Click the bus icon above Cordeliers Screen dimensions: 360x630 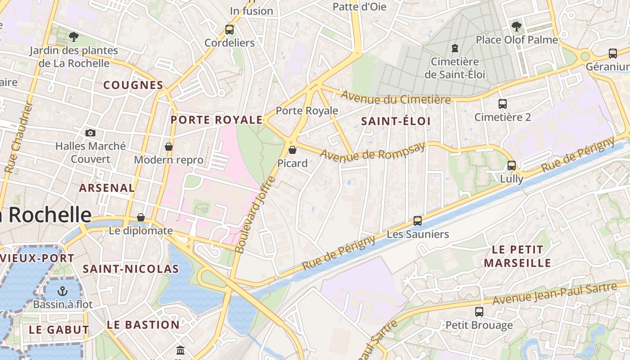pyautogui.click(x=229, y=30)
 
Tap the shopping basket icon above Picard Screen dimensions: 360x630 pyautogui.click(x=292, y=149)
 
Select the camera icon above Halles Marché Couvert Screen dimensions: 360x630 pyautogui.click(x=90, y=133)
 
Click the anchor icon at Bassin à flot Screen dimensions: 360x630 pyautogui.click(x=63, y=291)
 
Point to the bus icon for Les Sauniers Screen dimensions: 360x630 pyautogui.click(x=418, y=220)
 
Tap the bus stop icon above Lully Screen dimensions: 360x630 pyautogui.click(x=512, y=165)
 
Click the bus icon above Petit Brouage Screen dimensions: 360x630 pyautogui.click(x=479, y=311)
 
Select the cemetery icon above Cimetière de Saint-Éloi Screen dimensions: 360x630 pyautogui.click(x=455, y=48)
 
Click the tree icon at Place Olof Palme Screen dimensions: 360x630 pyautogui.click(x=517, y=26)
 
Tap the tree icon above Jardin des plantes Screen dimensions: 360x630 pyautogui.click(x=74, y=37)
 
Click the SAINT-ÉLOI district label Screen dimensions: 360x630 pyautogui.click(x=396, y=121)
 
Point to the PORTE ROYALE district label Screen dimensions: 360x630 pyautogui.click(x=216, y=120)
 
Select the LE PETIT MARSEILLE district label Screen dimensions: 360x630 pyautogui.click(x=517, y=256)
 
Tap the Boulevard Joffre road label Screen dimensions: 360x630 pyautogui.click(x=255, y=215)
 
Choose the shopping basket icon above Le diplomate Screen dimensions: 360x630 pyautogui.click(x=141, y=217)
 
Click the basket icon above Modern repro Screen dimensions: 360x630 pyautogui.click(x=169, y=147)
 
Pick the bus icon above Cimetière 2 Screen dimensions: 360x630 pyautogui.click(x=503, y=104)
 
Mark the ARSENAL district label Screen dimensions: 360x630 pyautogui.click(x=107, y=188)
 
